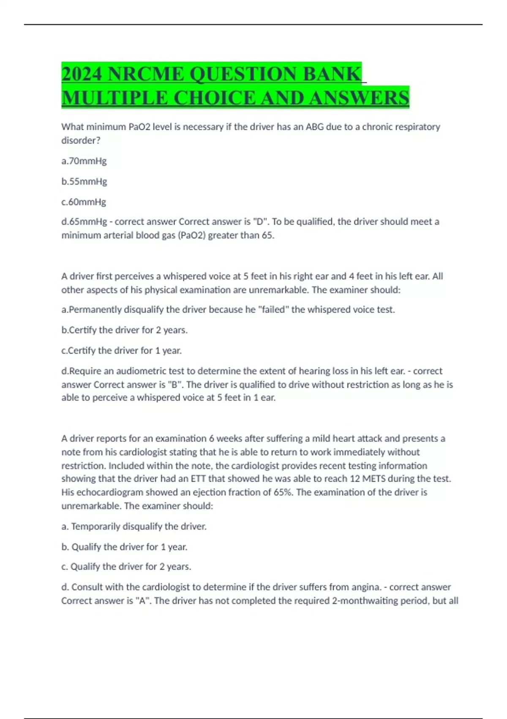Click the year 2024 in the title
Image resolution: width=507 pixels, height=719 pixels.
[82, 74]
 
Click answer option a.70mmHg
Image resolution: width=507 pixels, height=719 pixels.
[84, 161]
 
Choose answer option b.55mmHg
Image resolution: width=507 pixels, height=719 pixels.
[84, 181]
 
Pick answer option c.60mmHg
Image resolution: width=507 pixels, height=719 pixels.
[84, 202]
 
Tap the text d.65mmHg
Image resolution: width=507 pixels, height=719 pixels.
[84, 222]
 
